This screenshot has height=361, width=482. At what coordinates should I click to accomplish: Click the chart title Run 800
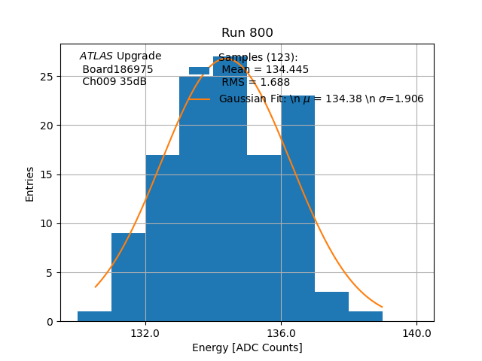(247, 33)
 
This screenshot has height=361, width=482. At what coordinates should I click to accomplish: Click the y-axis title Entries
(30, 184)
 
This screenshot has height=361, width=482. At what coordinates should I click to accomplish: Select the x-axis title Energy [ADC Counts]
(247, 347)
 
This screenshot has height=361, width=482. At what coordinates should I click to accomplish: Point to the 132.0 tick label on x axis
(145, 332)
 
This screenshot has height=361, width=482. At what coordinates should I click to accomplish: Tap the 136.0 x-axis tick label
(281, 332)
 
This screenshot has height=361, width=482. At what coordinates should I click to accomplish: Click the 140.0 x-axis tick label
(416, 332)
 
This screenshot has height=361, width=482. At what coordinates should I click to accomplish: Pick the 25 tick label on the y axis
(47, 77)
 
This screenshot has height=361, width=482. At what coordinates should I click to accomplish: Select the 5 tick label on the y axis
(50, 272)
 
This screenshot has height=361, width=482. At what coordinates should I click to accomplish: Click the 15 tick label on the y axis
(47, 174)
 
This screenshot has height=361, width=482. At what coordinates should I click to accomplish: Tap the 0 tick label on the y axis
(50, 321)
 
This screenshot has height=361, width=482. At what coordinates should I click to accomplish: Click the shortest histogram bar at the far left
(94, 317)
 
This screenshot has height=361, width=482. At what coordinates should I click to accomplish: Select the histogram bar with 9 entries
(128, 278)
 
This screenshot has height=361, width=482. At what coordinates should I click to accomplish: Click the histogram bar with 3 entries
(331, 307)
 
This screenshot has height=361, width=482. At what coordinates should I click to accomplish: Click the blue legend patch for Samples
(199, 70)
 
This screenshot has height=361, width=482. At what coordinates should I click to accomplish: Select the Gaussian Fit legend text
(321, 99)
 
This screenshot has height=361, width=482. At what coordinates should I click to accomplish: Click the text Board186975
(117, 69)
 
